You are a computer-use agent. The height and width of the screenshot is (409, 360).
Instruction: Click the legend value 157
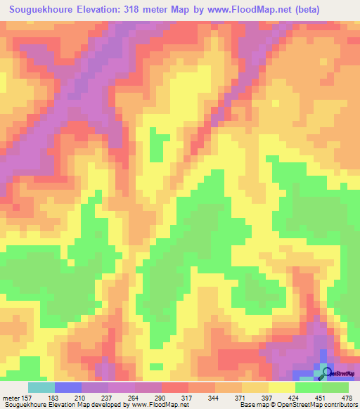click(x=27, y=397)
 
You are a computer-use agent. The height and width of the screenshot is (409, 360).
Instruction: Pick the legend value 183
click(x=54, y=397)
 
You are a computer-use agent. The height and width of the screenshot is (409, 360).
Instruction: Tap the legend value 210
click(x=82, y=397)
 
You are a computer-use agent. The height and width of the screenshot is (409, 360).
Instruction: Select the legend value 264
click(x=135, y=397)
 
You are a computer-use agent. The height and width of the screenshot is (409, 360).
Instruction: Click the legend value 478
click(x=347, y=397)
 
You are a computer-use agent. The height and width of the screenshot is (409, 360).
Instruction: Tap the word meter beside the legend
click(x=10, y=397)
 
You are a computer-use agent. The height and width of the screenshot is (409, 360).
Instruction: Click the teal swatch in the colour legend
click(x=41, y=387)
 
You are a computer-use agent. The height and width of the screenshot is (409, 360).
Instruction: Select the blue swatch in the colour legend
click(x=67, y=387)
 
